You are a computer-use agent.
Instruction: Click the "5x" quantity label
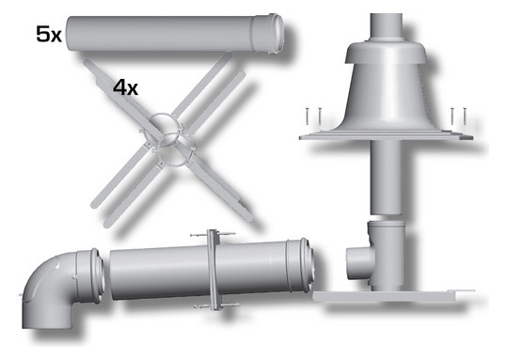[x=49, y=35]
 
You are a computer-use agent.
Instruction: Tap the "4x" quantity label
[x=125, y=87]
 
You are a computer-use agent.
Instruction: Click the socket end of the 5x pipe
[x=268, y=35]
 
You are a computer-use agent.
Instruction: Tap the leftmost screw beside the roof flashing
[x=306, y=117]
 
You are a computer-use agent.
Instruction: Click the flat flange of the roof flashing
[x=387, y=136]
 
